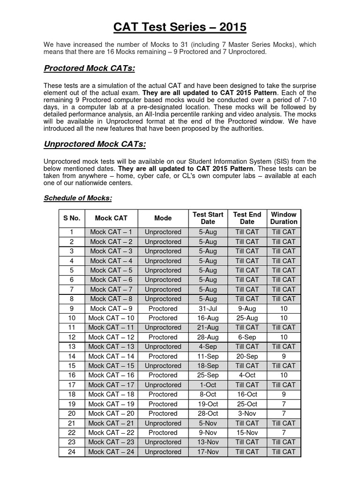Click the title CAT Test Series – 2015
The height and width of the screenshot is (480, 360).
click(180, 27)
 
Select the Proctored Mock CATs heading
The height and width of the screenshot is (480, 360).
click(89, 69)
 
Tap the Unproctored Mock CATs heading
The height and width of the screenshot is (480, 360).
click(95, 144)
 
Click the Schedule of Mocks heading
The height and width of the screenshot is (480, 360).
click(78, 198)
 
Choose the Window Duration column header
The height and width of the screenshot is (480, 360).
click(284, 218)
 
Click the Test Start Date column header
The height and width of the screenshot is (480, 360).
click(208, 218)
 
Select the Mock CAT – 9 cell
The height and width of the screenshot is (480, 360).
click(111, 308)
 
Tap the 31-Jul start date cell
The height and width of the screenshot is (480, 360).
click(208, 308)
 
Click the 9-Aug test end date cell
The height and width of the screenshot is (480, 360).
click(247, 308)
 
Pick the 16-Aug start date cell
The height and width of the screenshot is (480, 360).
click(208, 318)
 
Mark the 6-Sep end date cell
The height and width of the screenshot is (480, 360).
click(247, 337)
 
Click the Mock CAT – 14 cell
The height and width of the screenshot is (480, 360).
click(111, 356)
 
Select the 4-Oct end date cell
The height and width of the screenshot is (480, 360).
click(247, 375)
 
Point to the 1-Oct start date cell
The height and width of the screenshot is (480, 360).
click(208, 385)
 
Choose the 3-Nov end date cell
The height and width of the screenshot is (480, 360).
click(247, 413)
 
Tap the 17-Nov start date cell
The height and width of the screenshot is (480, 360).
click(208, 452)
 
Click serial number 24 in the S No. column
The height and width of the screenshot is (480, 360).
click(72, 452)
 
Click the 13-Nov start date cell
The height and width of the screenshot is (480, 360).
click(208, 442)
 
